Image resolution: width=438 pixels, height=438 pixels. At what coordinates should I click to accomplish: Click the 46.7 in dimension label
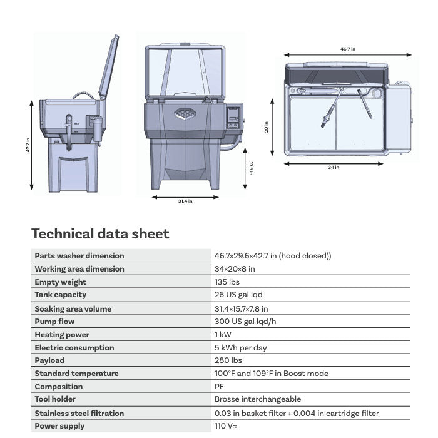(x=347, y=49)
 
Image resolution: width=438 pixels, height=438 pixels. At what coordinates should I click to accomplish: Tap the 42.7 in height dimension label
(x=28, y=145)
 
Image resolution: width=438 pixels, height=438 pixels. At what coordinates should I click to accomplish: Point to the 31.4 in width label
(x=185, y=201)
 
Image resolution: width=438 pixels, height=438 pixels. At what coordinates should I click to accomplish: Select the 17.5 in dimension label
(x=251, y=168)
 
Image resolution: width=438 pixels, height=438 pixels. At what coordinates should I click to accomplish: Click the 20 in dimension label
(x=266, y=127)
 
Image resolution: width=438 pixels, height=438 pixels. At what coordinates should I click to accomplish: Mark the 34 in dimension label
(x=334, y=167)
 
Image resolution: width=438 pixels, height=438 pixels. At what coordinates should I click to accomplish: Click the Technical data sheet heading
(x=100, y=233)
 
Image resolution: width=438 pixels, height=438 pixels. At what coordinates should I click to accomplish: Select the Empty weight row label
(x=60, y=282)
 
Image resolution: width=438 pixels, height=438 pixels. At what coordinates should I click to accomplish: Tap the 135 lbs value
(x=227, y=282)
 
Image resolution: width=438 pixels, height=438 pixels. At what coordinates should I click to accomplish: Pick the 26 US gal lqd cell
(x=238, y=295)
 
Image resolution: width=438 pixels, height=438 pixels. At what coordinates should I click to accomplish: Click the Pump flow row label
(x=54, y=322)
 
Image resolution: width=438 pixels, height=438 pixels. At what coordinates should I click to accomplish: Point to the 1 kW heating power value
(x=223, y=334)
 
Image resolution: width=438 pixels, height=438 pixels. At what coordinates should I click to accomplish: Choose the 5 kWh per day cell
(x=240, y=348)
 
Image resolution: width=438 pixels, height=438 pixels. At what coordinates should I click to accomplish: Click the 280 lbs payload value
(x=228, y=360)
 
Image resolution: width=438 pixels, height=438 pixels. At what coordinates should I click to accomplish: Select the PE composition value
(x=219, y=387)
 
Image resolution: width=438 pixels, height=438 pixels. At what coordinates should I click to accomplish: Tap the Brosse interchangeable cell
(x=258, y=399)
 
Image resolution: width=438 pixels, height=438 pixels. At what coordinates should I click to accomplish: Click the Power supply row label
(x=59, y=426)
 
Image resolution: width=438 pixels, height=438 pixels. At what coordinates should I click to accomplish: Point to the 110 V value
(x=226, y=426)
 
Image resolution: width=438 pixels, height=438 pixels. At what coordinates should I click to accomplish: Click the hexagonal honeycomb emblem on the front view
(x=185, y=114)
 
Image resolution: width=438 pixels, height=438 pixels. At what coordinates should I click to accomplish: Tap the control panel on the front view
(x=233, y=118)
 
